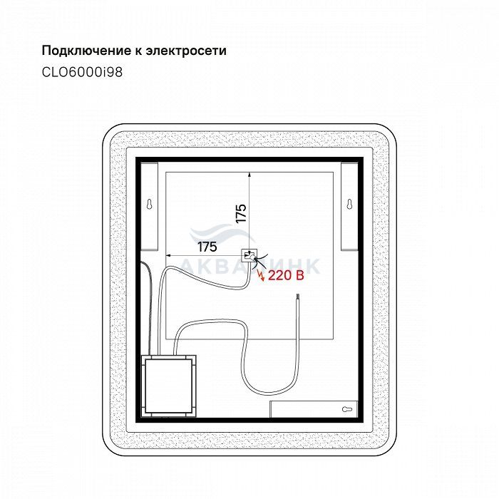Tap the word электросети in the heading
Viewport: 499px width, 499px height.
pos(186,51)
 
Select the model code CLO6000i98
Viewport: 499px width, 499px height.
pos(82,72)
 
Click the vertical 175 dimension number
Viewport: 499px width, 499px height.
pos(241,213)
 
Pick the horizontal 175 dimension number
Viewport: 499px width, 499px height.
pos(207,247)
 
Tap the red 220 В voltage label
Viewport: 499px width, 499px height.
pos(286,275)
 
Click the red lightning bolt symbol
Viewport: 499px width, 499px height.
pos(262,276)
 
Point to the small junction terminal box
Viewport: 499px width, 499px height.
pos(249,255)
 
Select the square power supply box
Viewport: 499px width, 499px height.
pos(169,386)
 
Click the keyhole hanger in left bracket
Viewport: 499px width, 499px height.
pos(149,204)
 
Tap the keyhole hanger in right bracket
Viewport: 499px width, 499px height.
pos(349,204)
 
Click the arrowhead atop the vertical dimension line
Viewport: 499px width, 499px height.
pos(249,174)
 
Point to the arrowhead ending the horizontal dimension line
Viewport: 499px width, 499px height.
pos(168,255)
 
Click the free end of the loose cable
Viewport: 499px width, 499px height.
pos(297,294)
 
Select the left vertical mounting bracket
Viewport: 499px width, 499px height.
pos(149,206)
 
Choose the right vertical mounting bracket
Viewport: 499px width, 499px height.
pos(350,206)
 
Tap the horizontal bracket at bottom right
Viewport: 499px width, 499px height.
pos(314,409)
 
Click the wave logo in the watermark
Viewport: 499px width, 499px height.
pos(222,234)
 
